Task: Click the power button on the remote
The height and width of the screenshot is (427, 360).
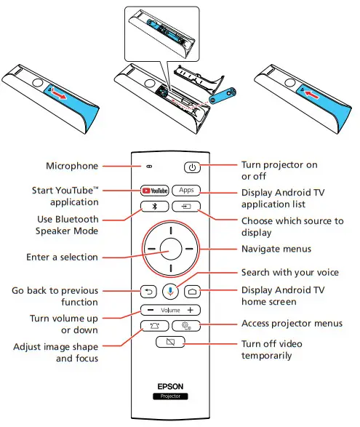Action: pyautogui.click(x=192, y=167)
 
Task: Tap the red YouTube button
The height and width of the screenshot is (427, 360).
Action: pyautogui.click(x=154, y=190)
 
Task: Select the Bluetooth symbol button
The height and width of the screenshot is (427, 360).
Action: pyautogui.click(x=154, y=207)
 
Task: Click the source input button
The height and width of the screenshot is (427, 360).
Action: pyautogui.click(x=186, y=207)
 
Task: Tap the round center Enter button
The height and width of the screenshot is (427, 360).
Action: pyautogui.click(x=170, y=249)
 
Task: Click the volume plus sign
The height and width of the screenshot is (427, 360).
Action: pyautogui.click(x=189, y=311)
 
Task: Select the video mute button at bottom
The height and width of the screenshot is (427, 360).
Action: pyautogui.click(x=170, y=343)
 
